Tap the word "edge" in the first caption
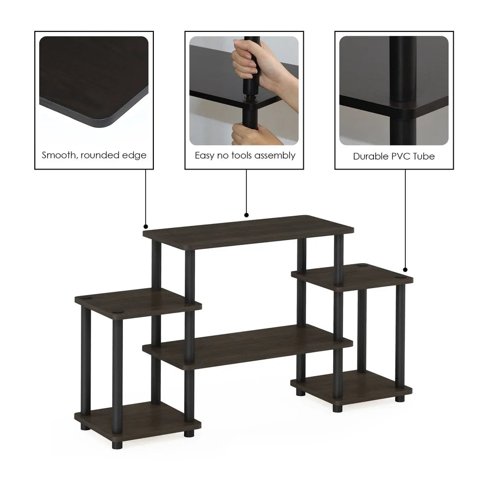(135, 156)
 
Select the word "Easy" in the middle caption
(205, 156)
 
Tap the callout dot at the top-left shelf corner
(146, 227)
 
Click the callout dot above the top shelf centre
(246, 215)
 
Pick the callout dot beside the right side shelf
(406, 269)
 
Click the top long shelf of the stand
(248, 232)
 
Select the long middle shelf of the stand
(247, 346)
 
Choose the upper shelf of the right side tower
(352, 276)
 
